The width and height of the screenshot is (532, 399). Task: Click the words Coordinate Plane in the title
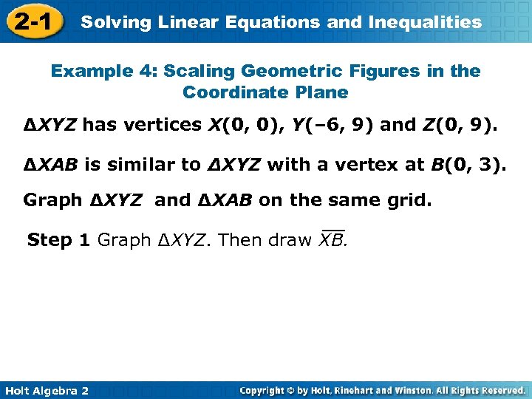pos(265,92)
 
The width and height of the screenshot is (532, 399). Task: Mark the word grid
pos(409,200)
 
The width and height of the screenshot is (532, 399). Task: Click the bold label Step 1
pos(60,240)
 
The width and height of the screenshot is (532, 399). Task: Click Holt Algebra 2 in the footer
pos(46,390)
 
